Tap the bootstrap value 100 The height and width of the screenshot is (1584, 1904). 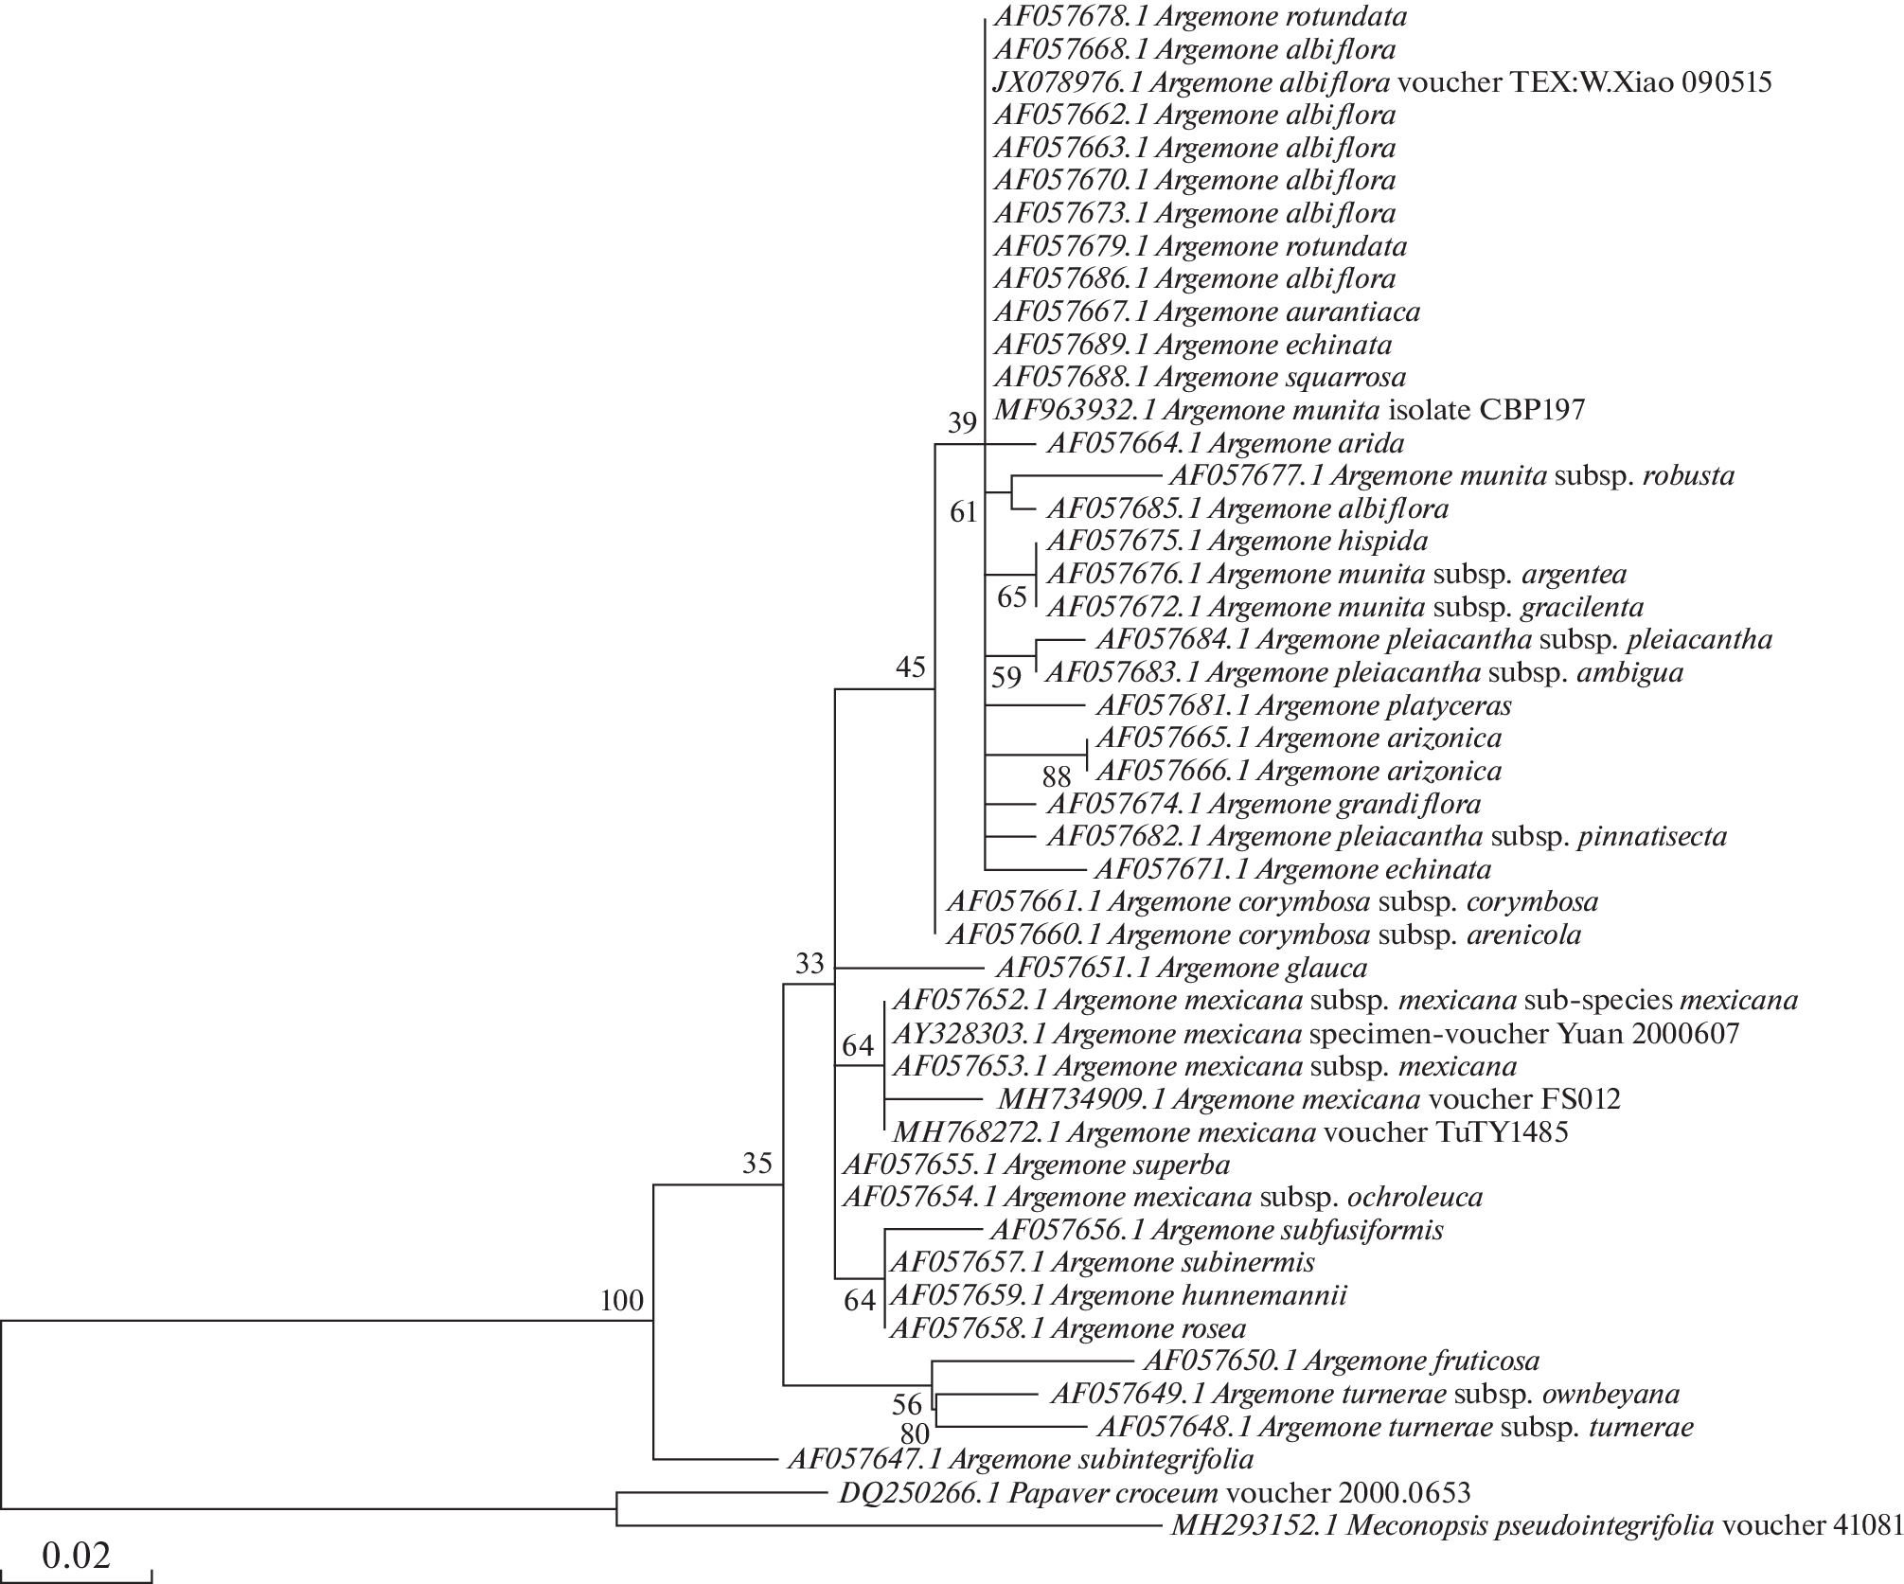click(x=621, y=1301)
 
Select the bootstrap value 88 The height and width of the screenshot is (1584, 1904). click(x=1056, y=776)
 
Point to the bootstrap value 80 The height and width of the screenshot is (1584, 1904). click(x=915, y=1434)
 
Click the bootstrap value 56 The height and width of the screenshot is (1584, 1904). click(x=907, y=1403)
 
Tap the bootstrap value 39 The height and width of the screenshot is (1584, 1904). click(x=962, y=422)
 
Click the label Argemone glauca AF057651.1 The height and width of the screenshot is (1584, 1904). click(x=1182, y=968)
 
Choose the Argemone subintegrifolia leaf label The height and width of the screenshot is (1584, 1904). click(x=1021, y=1458)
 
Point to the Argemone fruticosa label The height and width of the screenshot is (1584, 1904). click(x=1342, y=1361)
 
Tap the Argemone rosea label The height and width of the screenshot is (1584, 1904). click(x=1068, y=1328)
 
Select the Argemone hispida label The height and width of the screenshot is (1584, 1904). click(x=1237, y=541)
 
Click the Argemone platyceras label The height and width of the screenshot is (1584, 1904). click(x=1303, y=705)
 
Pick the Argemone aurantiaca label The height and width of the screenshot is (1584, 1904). click(x=1206, y=311)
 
